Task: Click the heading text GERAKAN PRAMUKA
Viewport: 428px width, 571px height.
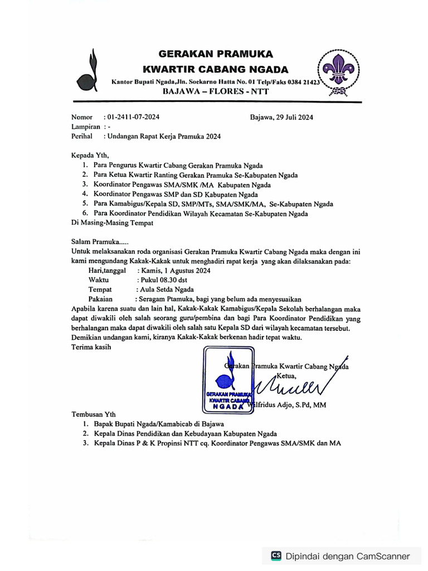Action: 216,54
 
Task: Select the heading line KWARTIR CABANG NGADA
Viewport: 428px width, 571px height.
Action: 216,70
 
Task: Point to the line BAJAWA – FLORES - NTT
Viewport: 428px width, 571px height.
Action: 215,91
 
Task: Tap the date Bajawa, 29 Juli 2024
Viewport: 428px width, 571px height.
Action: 281,117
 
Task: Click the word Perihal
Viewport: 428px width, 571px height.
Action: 81,136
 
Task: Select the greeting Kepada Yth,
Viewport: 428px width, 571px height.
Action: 90,155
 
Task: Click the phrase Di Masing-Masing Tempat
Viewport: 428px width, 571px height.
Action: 112,222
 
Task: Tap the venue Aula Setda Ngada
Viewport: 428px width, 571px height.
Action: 165,289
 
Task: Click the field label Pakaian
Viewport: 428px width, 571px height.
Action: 100,299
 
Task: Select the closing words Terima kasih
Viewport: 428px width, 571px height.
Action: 91,347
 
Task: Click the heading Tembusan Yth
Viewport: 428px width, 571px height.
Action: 94,415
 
